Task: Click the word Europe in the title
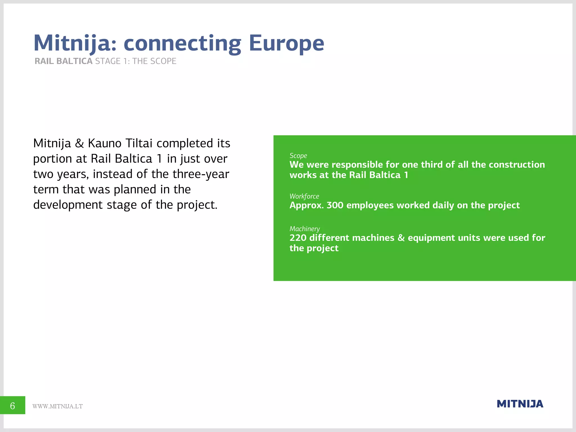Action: (286, 43)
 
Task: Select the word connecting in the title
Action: (182, 44)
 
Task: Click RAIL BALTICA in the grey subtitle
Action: (64, 61)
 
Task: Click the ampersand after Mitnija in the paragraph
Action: (79, 143)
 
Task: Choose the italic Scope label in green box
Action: (298, 156)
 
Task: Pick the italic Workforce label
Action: (304, 196)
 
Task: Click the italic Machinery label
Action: (305, 229)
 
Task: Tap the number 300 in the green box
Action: (335, 205)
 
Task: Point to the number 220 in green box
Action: (298, 238)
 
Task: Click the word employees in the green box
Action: (370, 206)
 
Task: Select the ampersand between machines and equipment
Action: (401, 238)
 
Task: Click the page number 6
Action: (13, 406)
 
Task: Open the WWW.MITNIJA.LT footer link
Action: (57, 406)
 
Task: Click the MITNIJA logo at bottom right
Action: (520, 404)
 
